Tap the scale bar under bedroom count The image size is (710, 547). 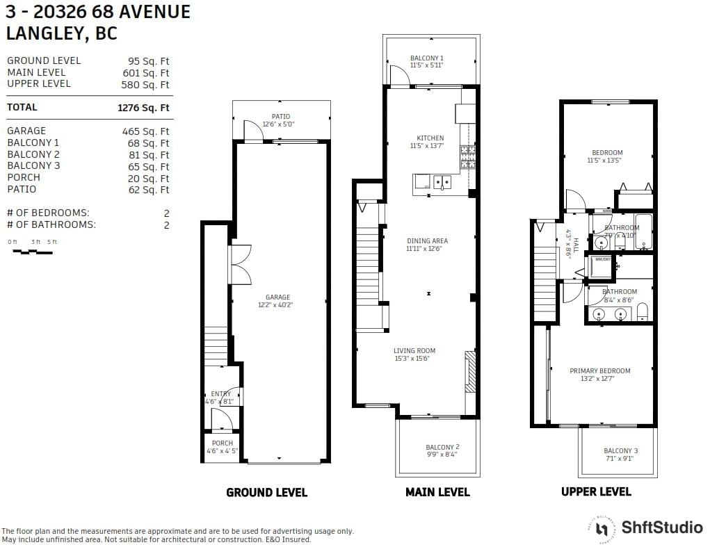(x=33, y=252)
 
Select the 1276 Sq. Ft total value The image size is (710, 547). (x=143, y=108)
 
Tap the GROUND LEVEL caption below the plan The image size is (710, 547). (x=266, y=492)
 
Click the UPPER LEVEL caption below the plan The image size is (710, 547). (x=596, y=491)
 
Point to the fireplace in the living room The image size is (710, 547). (x=469, y=373)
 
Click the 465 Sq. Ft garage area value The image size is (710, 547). (x=146, y=131)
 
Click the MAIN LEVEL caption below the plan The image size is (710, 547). (x=437, y=492)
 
